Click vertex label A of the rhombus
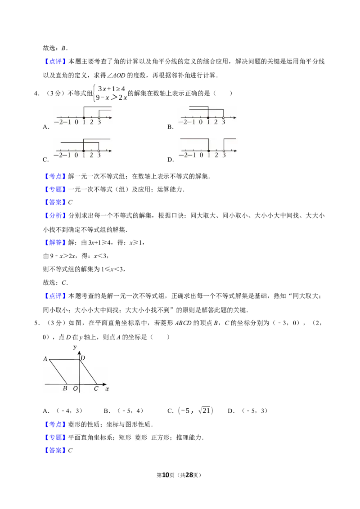[x=45, y=359]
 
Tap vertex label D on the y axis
[x=83, y=358]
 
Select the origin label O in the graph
[x=76, y=388]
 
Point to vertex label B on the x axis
[x=65, y=388]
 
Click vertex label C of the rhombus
[x=96, y=388]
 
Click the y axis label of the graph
[x=75, y=347]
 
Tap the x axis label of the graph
[x=107, y=388]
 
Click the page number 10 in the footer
[x=166, y=475]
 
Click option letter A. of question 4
[x=46, y=127]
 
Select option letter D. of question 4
[x=171, y=160]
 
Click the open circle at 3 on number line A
[x=99, y=117]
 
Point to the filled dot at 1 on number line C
[x=84, y=151]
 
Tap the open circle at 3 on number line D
[x=224, y=151]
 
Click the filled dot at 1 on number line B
[x=208, y=117]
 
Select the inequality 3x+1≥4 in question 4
[x=112, y=89]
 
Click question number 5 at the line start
[x=37, y=323]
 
